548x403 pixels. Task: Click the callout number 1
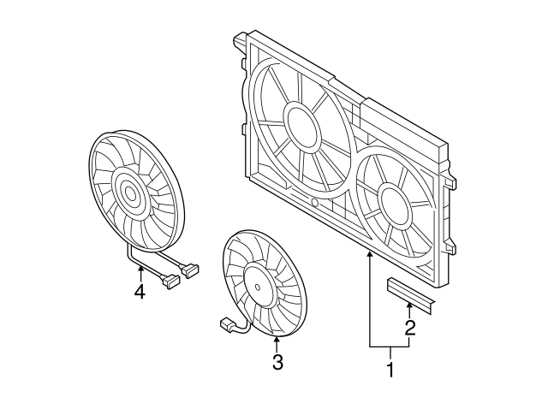(390, 370)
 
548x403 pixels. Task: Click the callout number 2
(410, 327)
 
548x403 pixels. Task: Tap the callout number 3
(277, 362)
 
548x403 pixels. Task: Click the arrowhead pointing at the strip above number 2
(410, 305)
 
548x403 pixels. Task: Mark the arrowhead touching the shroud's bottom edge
(370, 254)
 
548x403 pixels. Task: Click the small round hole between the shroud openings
(315, 204)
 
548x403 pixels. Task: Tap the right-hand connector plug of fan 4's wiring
(191, 270)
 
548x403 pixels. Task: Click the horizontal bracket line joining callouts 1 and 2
(390, 346)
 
